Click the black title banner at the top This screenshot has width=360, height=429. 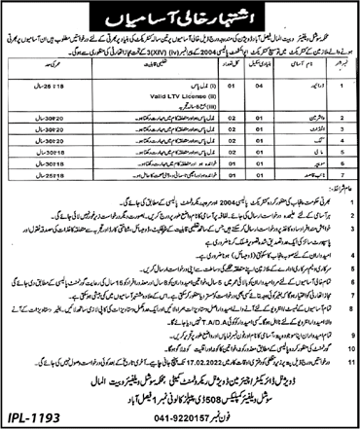[x=179, y=15]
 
